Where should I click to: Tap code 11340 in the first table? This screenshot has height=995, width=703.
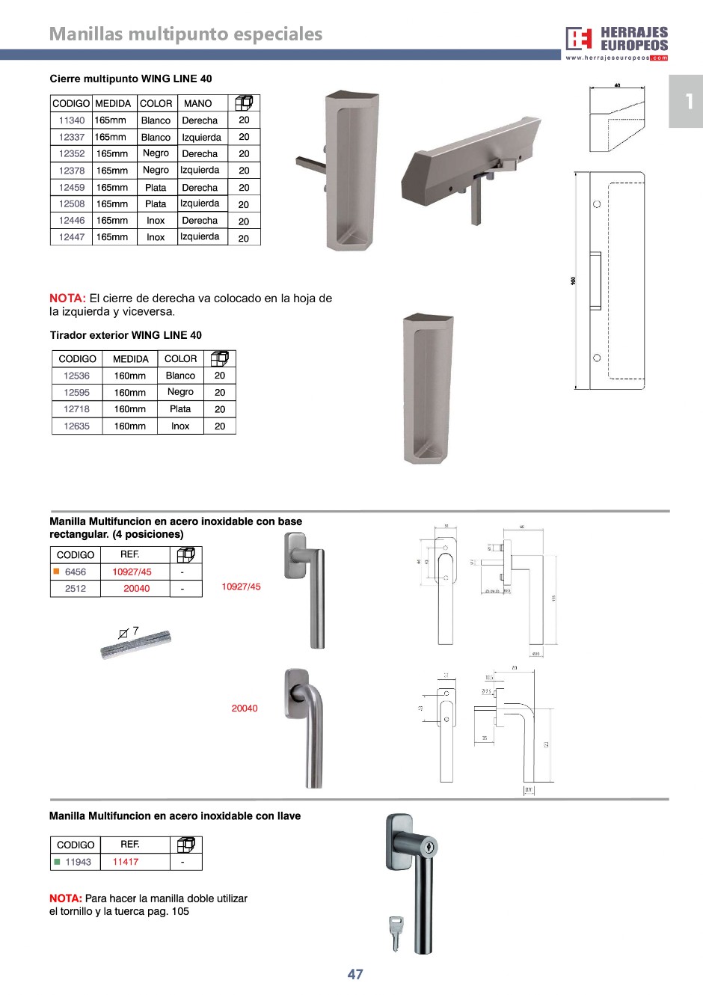pyautogui.click(x=72, y=120)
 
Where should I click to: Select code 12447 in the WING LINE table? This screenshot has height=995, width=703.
pyautogui.click(x=72, y=237)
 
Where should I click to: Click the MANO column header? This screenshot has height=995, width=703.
pyautogui.click(x=198, y=103)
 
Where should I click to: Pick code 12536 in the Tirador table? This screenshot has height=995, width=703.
pyautogui.click(x=76, y=376)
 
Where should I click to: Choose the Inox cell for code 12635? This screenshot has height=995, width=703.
pyautogui.click(x=180, y=426)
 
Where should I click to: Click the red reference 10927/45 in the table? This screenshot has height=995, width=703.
pyautogui.click(x=132, y=572)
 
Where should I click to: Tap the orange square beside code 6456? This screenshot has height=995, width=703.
pyautogui.click(x=56, y=572)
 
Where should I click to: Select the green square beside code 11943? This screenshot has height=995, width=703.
pyautogui.click(x=57, y=862)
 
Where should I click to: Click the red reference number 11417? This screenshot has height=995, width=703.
pyautogui.click(x=126, y=862)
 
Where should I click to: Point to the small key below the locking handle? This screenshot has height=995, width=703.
pyautogui.click(x=395, y=932)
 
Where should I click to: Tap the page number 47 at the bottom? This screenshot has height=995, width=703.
pyautogui.click(x=355, y=974)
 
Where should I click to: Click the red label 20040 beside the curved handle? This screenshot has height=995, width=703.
pyautogui.click(x=245, y=708)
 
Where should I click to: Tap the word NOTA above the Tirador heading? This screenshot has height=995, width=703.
pyautogui.click(x=67, y=298)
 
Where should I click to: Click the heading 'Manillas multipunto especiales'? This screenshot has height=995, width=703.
pyautogui.click(x=185, y=34)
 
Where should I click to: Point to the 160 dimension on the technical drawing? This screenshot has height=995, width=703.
pyautogui.click(x=574, y=281)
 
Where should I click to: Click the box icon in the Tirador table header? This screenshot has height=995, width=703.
pyautogui.click(x=219, y=358)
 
